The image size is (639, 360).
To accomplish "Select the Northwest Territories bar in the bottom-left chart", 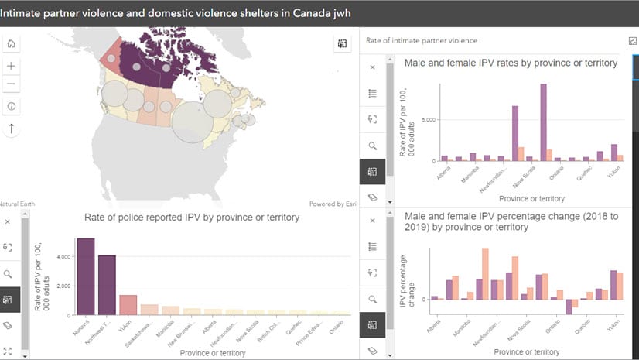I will (107, 284).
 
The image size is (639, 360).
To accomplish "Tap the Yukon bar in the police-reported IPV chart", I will (128, 305).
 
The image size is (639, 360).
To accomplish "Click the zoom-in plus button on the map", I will (12, 66).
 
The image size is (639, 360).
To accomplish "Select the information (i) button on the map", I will (12, 106).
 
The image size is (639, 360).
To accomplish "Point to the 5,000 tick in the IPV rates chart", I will (430, 120).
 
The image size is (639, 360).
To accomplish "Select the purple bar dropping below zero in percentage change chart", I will (569, 307).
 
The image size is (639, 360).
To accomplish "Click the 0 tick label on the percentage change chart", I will (424, 300).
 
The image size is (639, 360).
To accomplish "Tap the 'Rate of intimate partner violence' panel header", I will (421, 40).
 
